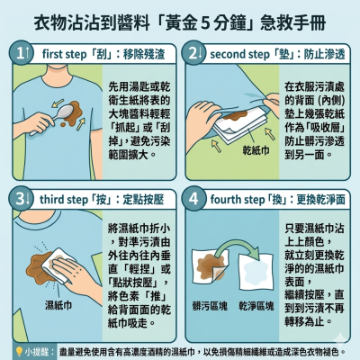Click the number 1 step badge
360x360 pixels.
pos(22,53)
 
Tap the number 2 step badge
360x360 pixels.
pos(194,53)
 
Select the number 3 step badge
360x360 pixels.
pos(22,199)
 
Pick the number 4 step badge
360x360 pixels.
pos(194,199)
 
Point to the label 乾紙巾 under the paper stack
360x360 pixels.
pos(256,151)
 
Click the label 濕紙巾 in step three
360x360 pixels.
pos(58,305)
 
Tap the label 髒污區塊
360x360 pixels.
pos(210,306)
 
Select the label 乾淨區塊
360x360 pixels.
pos(256,306)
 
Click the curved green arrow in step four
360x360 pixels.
pos(237,244)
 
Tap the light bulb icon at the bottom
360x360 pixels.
pos(19,351)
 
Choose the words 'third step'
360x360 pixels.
pos(63,200)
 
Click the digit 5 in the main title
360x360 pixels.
pos(205,23)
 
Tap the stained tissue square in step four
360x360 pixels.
pos(210,266)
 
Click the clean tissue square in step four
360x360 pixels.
pos(256,271)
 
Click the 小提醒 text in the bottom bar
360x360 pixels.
pos(36,352)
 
